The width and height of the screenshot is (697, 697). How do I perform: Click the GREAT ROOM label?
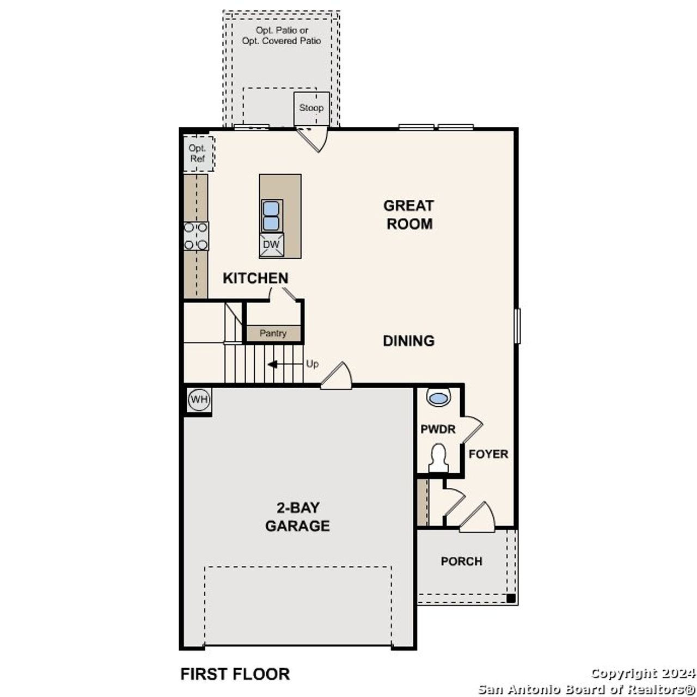click(408, 215)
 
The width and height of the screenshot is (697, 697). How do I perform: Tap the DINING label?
click(408, 341)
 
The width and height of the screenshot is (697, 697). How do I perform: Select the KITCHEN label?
click(255, 278)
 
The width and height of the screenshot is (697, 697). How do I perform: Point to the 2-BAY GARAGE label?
click(297, 517)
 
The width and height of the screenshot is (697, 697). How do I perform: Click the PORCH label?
click(461, 561)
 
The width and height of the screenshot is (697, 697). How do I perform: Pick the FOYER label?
click(488, 454)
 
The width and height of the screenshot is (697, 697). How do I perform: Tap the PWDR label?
click(438, 430)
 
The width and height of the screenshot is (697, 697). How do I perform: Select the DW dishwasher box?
click(271, 245)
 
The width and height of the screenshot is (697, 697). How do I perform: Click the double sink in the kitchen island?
click(272, 216)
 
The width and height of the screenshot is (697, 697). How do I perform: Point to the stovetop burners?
click(195, 236)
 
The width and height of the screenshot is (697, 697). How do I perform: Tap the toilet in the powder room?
click(438, 457)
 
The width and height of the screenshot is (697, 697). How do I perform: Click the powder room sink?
click(438, 398)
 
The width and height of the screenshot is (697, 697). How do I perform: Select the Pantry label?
click(273, 333)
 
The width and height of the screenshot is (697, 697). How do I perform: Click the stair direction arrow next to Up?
click(272, 364)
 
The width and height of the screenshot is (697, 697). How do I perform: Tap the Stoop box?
click(311, 108)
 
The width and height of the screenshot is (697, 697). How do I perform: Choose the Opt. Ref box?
click(198, 154)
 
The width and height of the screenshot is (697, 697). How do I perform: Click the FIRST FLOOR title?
click(235, 674)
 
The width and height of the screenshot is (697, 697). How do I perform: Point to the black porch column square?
click(511, 598)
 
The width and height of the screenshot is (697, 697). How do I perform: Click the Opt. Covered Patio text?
click(282, 41)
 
